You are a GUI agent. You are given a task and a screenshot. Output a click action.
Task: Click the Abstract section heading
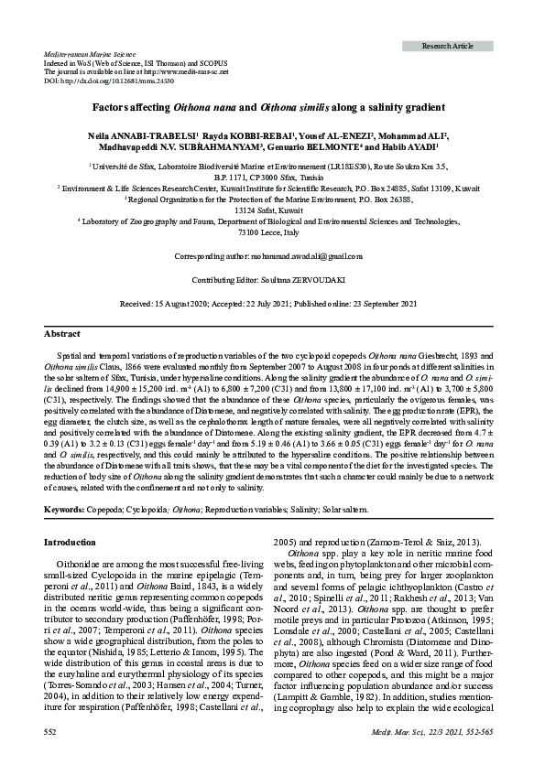(x=61, y=334)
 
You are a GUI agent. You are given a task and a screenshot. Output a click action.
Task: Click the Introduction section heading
(x=71, y=543)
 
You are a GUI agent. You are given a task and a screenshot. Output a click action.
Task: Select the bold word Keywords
(x=64, y=509)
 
